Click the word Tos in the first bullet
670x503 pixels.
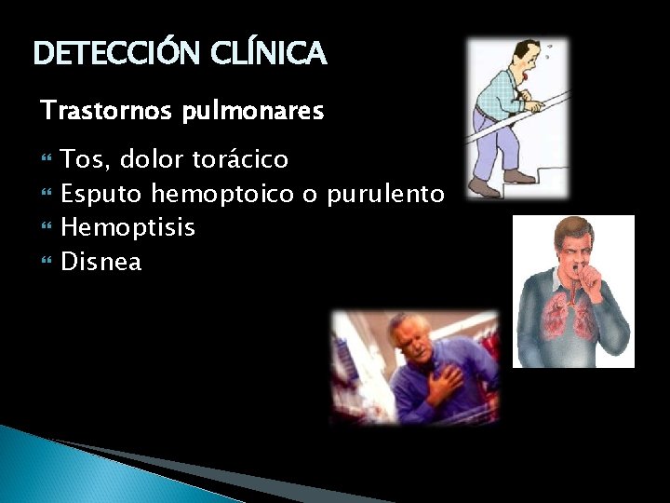tap(82, 160)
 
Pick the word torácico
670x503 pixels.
tap(241, 160)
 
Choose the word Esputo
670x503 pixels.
tap(101, 195)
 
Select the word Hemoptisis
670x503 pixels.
tap(127, 228)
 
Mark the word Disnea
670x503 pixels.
tap(101, 262)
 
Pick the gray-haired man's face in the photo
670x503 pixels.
tap(413, 339)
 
